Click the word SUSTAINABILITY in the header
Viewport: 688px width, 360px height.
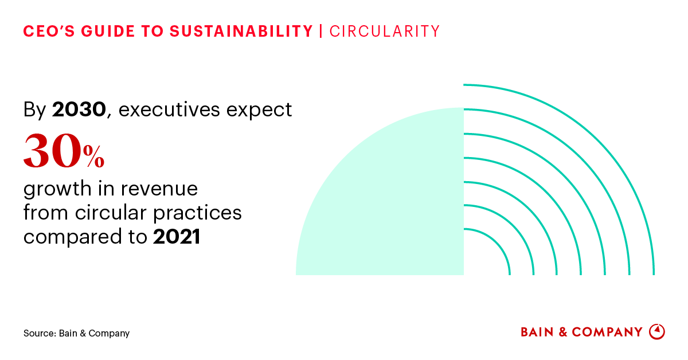point(241,32)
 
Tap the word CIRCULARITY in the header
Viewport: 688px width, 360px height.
point(385,32)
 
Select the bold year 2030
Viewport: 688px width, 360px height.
point(79,109)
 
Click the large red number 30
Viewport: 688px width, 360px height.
point(52,152)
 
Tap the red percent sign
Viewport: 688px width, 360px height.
point(93,157)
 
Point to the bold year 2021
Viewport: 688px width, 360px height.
point(177,237)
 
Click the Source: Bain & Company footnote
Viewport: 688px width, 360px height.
point(76,333)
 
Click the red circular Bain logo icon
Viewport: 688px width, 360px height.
point(656,331)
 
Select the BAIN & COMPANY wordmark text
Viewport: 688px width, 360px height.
point(581,332)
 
